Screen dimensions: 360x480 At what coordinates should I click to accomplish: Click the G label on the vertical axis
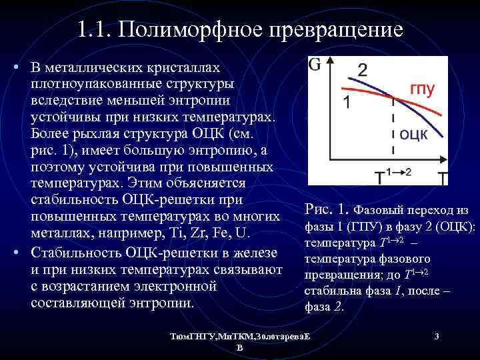[x=315, y=65]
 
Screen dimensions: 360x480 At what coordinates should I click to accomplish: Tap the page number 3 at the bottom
[x=436, y=337]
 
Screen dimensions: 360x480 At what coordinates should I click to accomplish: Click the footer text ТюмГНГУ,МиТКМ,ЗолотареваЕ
[x=239, y=337]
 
